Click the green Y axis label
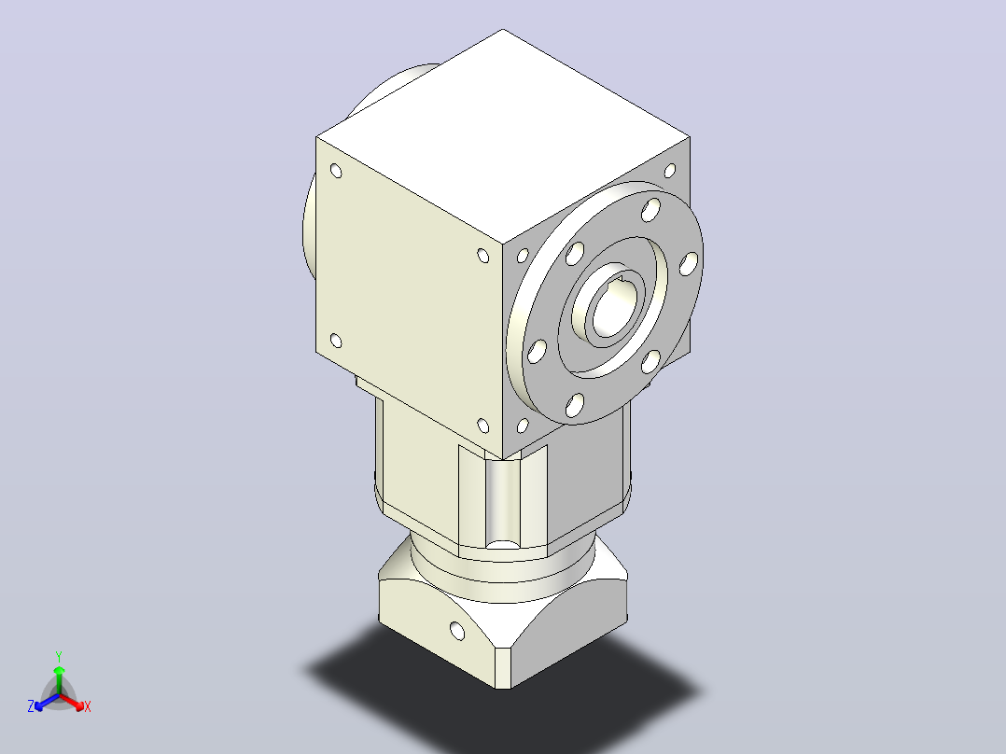(59, 656)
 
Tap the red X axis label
(88, 706)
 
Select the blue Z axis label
(31, 706)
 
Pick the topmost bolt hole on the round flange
(650, 210)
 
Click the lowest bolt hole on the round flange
(575, 405)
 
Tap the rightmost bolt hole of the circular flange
(689, 264)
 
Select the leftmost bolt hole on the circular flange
(537, 351)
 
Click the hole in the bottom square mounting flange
(457, 631)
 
